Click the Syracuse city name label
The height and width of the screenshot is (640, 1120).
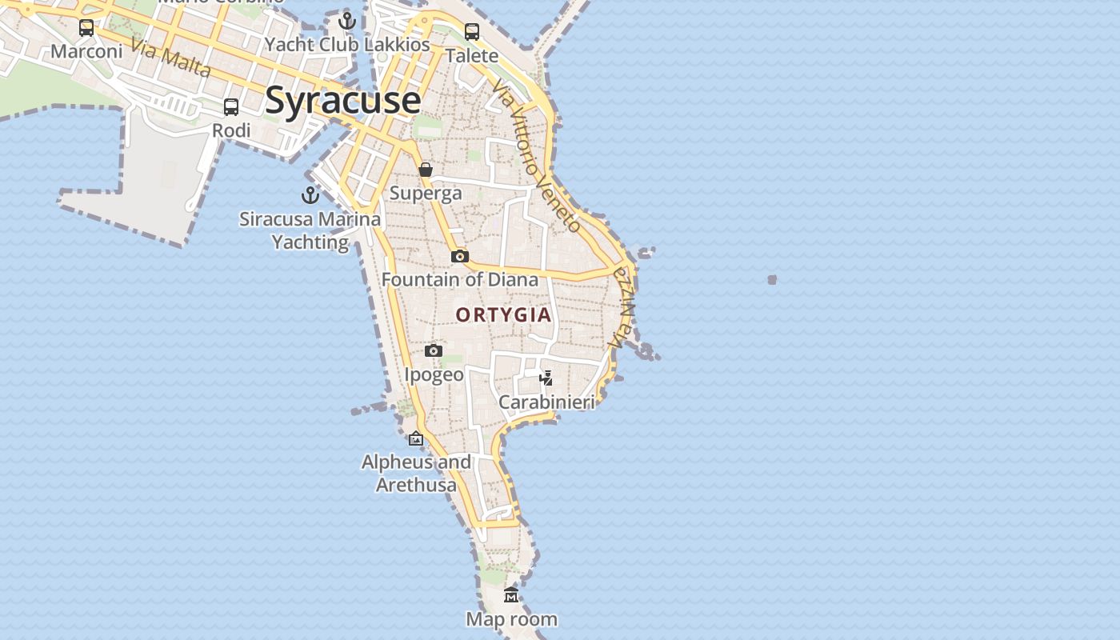(342, 101)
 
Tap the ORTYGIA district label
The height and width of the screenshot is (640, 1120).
(504, 315)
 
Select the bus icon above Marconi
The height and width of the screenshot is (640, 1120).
(86, 29)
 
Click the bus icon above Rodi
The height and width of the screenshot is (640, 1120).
(231, 107)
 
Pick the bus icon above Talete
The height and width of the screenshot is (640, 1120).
(472, 32)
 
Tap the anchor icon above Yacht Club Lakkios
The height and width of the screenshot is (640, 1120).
(346, 21)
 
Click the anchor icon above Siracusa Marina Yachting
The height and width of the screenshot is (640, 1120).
(310, 195)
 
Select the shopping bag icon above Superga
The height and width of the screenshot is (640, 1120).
(426, 170)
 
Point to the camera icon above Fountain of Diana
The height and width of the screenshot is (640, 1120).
(459, 256)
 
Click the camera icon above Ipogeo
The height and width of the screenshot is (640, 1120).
(434, 350)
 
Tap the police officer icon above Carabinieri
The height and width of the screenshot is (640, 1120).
(546, 378)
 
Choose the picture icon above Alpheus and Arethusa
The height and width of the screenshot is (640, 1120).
(416, 438)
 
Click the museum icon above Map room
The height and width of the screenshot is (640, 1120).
(511, 595)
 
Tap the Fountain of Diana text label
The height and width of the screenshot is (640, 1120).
(459, 280)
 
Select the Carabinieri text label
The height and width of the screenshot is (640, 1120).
(546, 402)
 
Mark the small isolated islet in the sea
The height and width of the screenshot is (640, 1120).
(772, 280)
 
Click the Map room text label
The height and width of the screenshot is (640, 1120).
(511, 619)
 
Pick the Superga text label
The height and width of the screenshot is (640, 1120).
(426, 194)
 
